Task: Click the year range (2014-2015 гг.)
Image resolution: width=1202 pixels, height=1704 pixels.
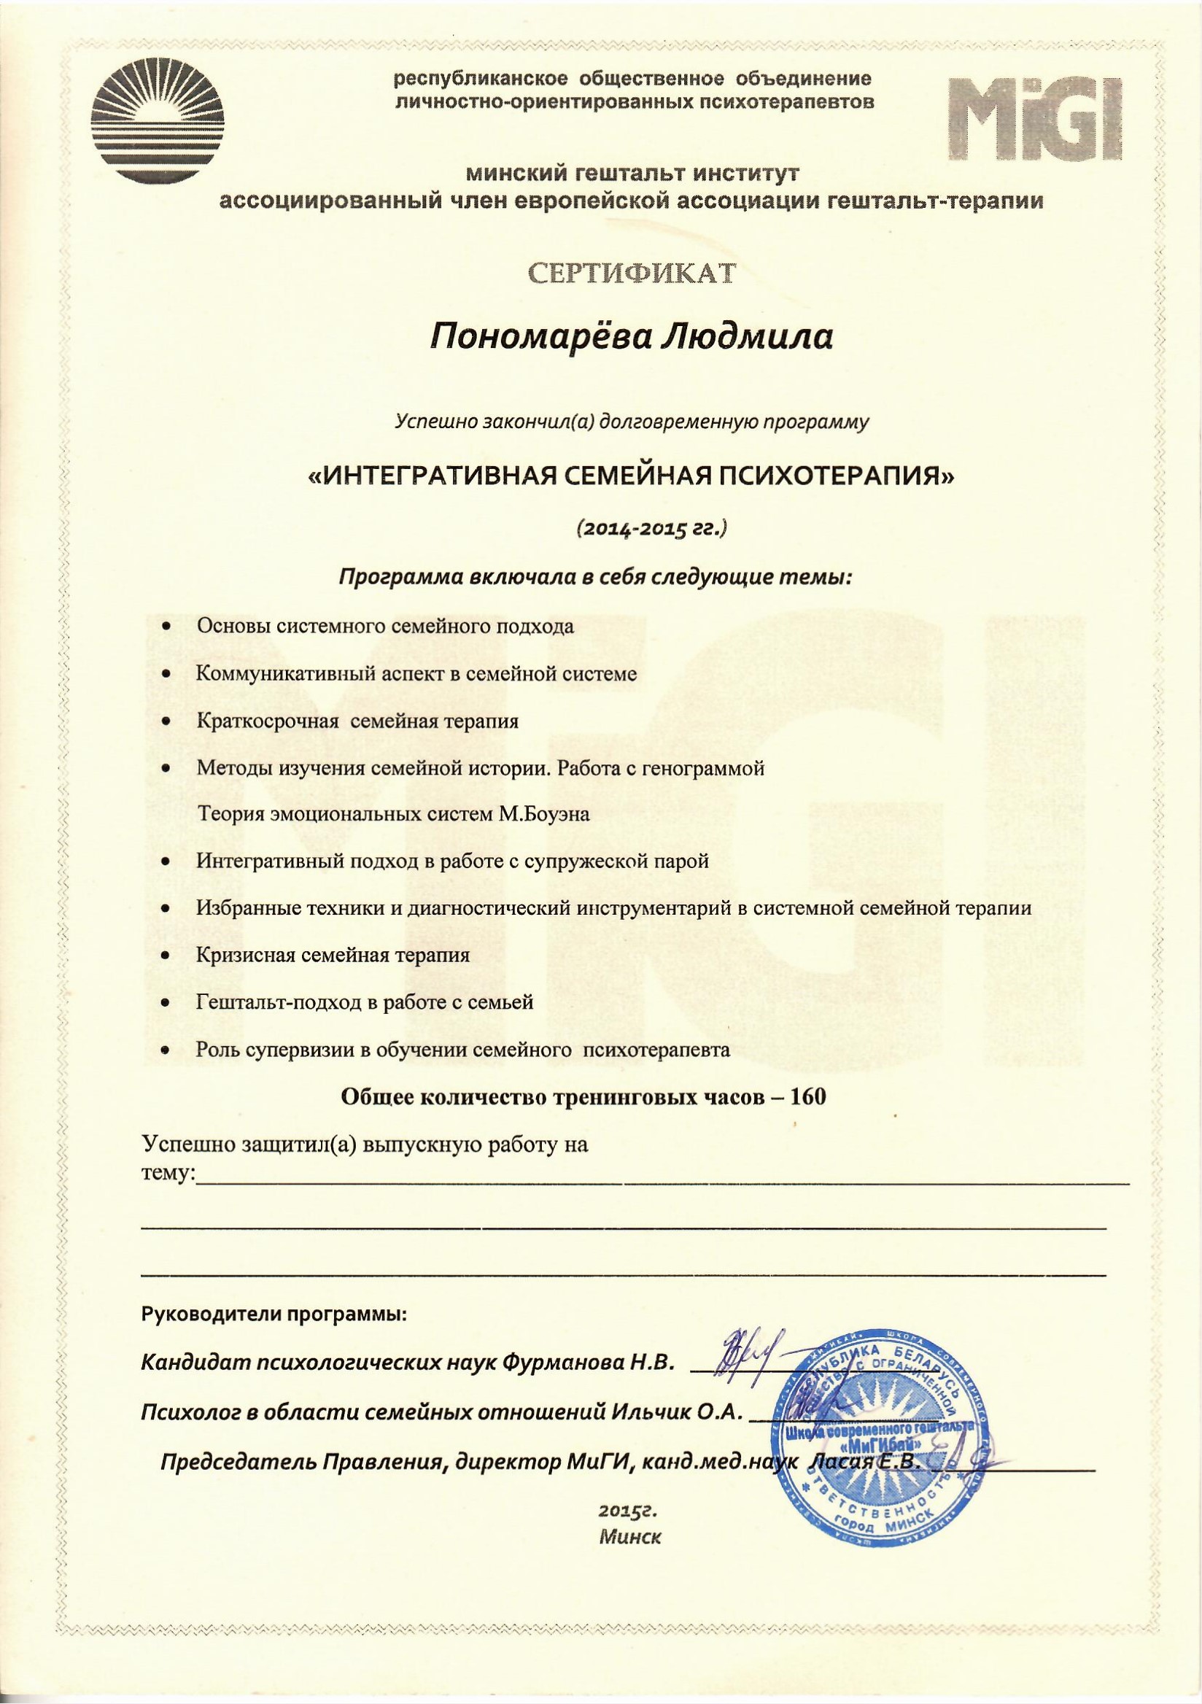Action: (x=651, y=528)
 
